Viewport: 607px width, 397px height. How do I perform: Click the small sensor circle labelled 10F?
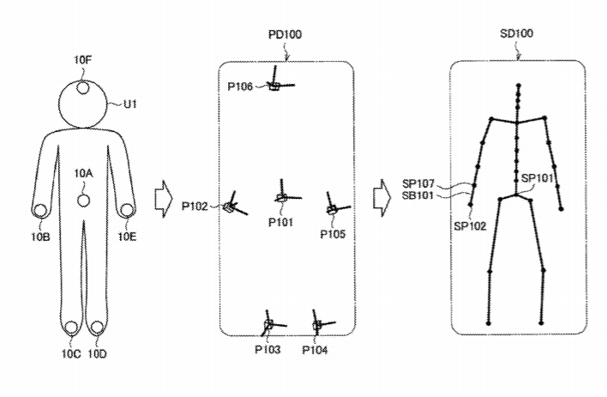[83, 86]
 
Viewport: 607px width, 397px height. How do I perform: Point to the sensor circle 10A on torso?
[83, 200]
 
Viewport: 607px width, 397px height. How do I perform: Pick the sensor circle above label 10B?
[40, 209]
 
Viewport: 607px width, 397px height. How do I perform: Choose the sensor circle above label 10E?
[127, 208]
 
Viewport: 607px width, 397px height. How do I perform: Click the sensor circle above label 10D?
[96, 328]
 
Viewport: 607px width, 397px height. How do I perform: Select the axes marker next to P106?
[275, 85]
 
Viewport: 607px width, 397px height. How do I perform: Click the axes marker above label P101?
[281, 197]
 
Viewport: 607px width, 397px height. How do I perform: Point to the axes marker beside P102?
[230, 207]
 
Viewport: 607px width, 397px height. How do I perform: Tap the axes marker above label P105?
[333, 208]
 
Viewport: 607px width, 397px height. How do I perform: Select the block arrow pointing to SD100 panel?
[382, 199]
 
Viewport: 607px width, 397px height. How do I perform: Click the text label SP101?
[539, 177]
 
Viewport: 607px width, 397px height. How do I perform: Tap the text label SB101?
[421, 195]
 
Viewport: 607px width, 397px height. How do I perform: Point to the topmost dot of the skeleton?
[517, 86]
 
